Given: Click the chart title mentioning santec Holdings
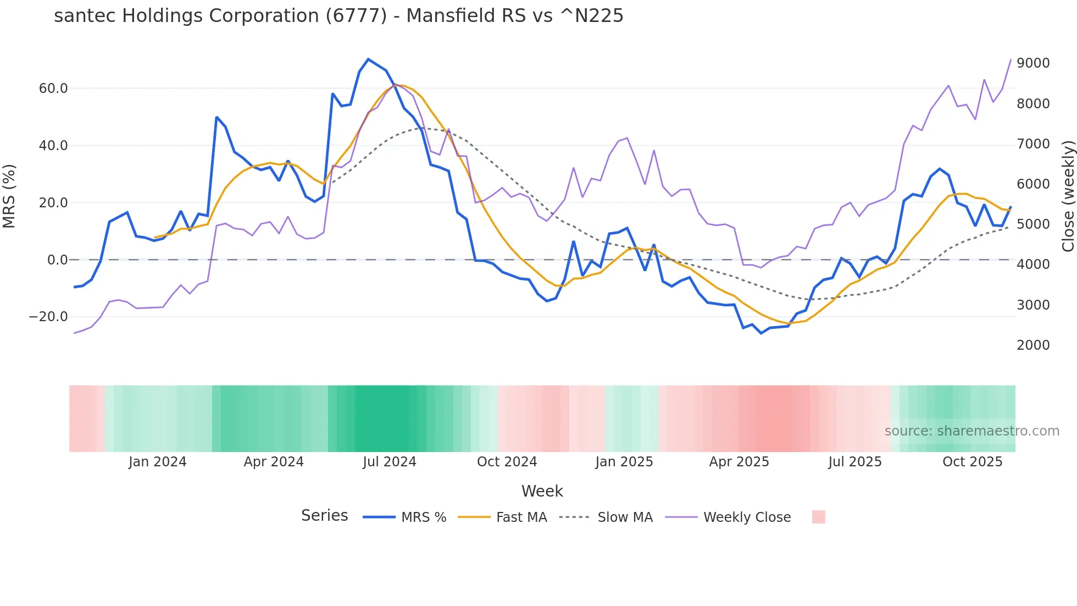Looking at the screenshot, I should click(338, 16).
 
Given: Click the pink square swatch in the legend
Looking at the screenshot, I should click(818, 517).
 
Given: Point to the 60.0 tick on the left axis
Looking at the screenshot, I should click(53, 89).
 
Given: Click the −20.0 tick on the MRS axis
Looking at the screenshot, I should click(48, 317).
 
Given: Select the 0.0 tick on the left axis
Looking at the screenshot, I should click(58, 260).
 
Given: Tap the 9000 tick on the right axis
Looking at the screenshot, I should click(1033, 63).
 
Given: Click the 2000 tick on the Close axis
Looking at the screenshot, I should click(1033, 345).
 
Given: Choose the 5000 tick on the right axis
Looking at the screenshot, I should click(1033, 224).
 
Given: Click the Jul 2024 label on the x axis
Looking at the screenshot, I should click(389, 462).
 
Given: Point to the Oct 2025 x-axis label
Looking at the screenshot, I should click(972, 462).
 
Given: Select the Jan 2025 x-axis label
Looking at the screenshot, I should click(624, 462).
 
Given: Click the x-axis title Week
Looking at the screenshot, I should click(542, 491).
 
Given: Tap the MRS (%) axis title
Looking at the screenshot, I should click(9, 196).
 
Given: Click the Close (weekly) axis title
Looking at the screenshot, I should click(1068, 196).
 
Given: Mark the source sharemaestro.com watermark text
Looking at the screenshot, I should click(971, 431).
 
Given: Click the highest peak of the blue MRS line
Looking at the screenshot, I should click(368, 59).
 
